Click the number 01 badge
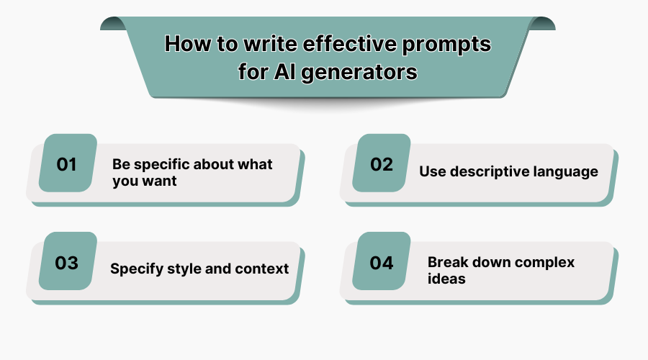coord(67,164)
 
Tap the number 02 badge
coord(382,164)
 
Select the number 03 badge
coord(67,263)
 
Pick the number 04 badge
coord(382,263)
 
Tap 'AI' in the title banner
coord(283,73)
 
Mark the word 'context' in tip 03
coord(261,269)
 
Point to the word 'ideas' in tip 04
coord(446,278)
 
